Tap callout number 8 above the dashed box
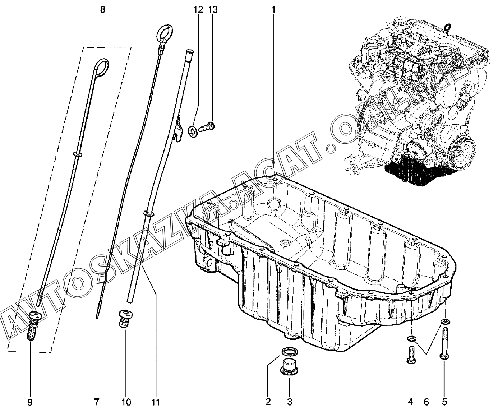point(103,10)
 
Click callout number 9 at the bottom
point(30,401)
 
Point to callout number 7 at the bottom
point(96,401)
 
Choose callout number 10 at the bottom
point(126,401)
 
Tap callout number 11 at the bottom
point(156,401)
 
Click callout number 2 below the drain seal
point(268,401)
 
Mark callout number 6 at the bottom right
point(427,401)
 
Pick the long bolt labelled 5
point(444,343)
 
